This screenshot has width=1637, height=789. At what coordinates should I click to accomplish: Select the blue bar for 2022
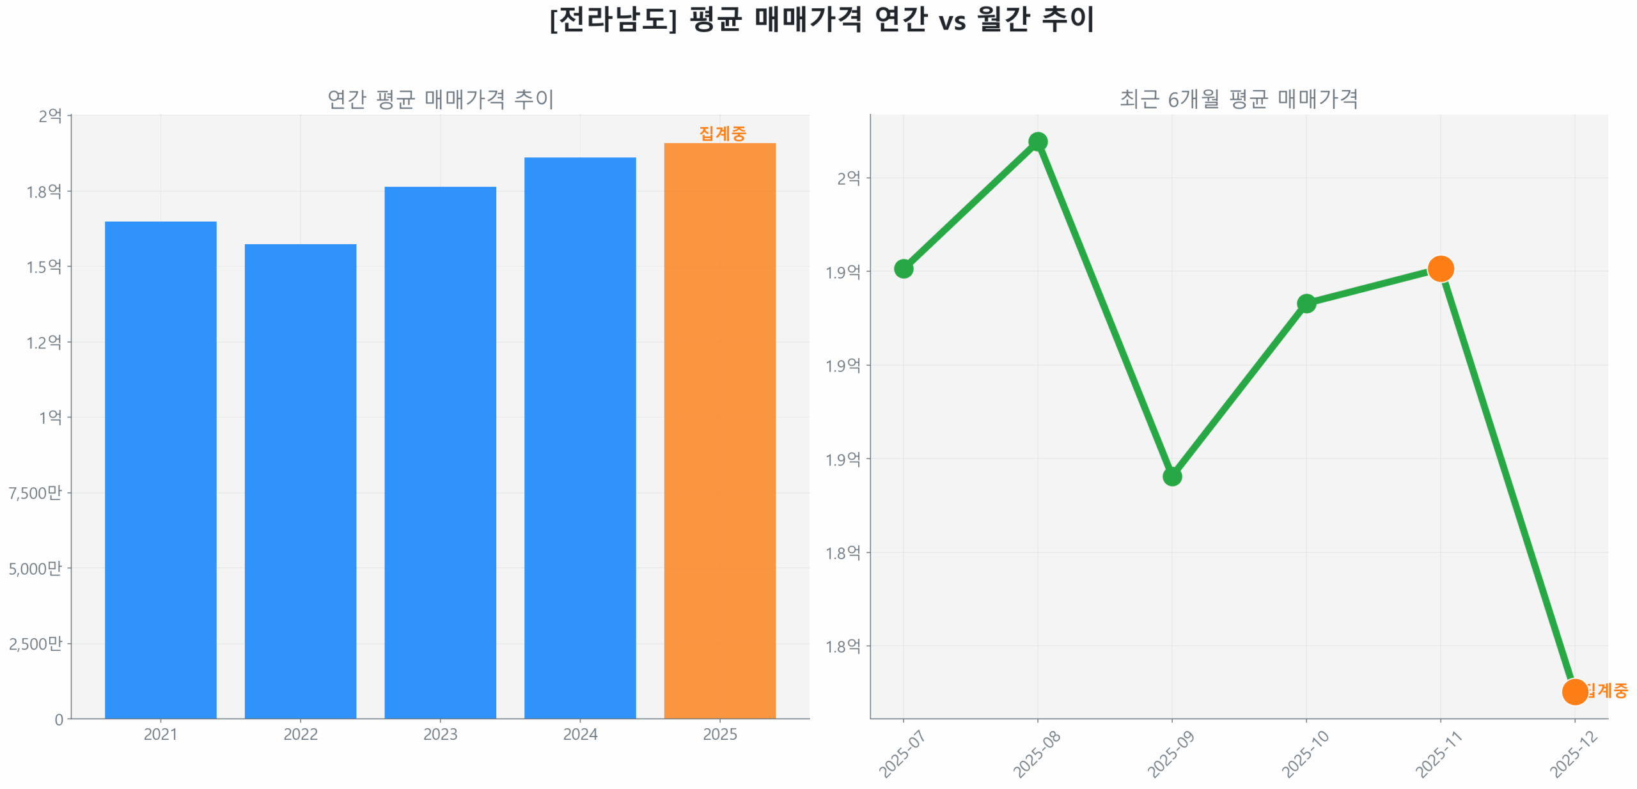(x=300, y=480)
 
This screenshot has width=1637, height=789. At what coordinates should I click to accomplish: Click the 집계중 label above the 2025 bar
(x=722, y=133)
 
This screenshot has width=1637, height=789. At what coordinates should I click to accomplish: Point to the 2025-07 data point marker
(x=903, y=268)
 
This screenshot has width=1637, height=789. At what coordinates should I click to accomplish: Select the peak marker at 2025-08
(x=1037, y=141)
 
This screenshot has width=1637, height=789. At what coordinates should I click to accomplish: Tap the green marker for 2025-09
(x=1171, y=476)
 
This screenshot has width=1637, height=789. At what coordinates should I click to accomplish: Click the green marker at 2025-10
(x=1306, y=303)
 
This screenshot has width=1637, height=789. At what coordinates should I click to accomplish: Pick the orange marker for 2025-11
(x=1440, y=268)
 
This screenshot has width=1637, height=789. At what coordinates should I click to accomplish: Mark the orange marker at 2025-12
(x=1574, y=691)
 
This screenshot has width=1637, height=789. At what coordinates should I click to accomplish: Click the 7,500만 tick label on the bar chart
(x=35, y=492)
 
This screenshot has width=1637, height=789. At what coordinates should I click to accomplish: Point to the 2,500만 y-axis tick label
(x=35, y=643)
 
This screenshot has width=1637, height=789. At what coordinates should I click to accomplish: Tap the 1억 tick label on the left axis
(x=50, y=417)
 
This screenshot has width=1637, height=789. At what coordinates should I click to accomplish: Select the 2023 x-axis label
(x=440, y=733)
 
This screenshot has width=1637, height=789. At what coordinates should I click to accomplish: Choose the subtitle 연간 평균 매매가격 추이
(x=440, y=99)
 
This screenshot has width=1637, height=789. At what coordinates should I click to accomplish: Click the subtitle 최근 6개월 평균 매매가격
(x=1238, y=99)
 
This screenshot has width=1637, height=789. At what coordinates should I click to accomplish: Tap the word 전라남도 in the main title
(x=613, y=19)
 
